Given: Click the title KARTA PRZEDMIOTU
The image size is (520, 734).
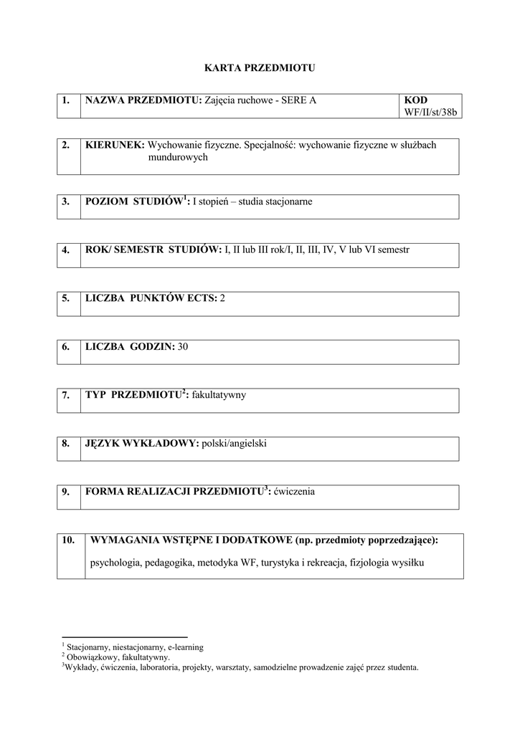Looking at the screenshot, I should (x=260, y=68).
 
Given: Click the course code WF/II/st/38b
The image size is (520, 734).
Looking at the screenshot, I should (x=430, y=113).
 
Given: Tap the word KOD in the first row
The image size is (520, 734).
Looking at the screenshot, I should (x=416, y=100).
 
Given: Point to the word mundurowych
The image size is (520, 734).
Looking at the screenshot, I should (x=178, y=157).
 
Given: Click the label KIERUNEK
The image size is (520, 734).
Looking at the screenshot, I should (x=115, y=145).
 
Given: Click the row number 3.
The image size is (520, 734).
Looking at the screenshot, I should (x=65, y=201).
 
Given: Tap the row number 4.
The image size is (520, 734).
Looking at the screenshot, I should (x=65, y=249).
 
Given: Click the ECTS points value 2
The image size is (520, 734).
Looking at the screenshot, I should (x=222, y=297).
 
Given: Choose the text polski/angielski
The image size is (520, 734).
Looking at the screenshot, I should (x=235, y=444).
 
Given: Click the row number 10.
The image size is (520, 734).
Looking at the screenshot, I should (x=68, y=540).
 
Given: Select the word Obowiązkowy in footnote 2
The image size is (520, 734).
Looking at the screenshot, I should (x=89, y=657).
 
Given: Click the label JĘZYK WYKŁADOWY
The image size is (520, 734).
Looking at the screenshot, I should (x=141, y=444).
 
